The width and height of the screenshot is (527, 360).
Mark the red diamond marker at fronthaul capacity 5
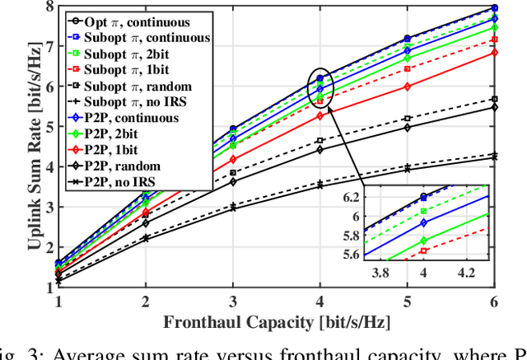point(407,86)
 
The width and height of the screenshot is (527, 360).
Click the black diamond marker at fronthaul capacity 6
point(493,107)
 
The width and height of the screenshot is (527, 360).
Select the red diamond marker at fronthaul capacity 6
point(493,53)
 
